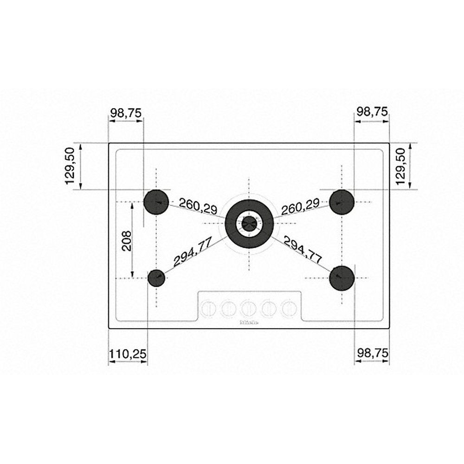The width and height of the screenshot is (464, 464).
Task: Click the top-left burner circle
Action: (x=156, y=202)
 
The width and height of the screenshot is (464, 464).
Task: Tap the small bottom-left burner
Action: (x=156, y=278)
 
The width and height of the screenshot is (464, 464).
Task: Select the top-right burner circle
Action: (x=342, y=202)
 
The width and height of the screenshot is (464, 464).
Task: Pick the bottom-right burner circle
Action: (x=342, y=277)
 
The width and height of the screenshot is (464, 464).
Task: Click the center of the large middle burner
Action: (x=249, y=223)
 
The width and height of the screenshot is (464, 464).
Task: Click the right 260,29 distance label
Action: (x=300, y=206)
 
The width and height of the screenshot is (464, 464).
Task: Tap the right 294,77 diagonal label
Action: (x=302, y=251)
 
